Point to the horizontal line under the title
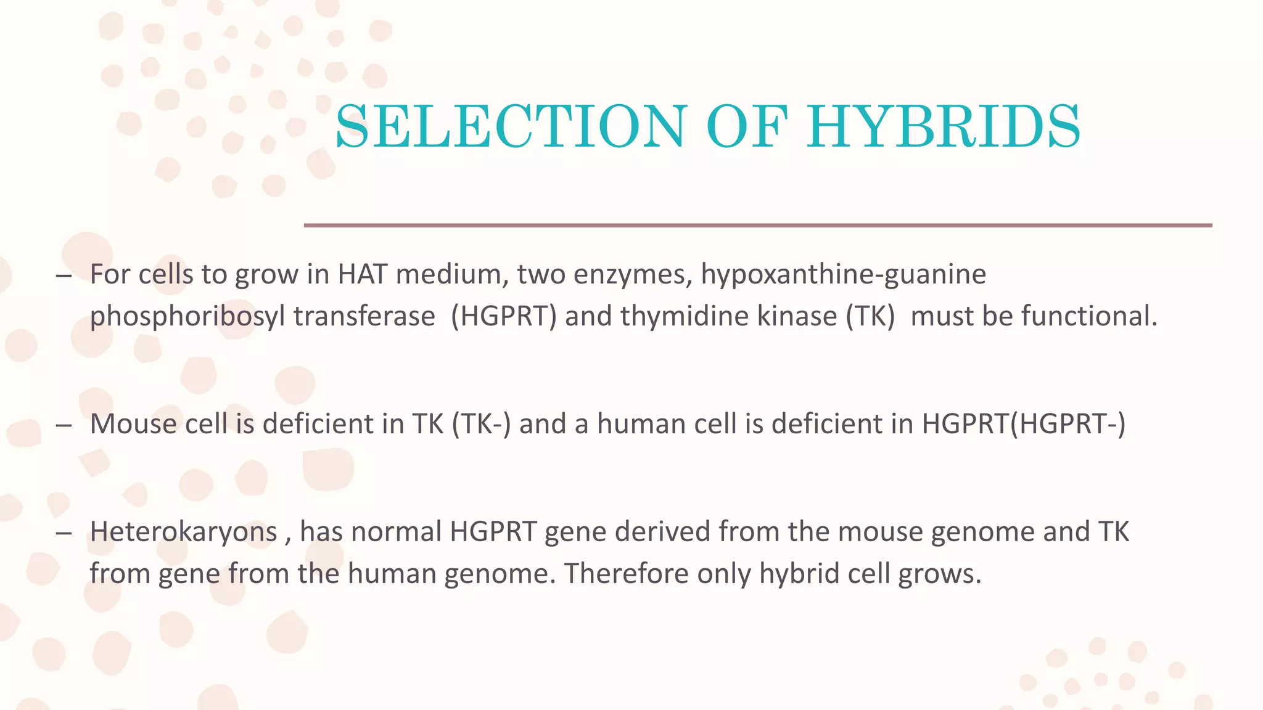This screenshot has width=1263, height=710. [x=757, y=226]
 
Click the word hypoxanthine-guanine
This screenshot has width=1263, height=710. [x=843, y=274]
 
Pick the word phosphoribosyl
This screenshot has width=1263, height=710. [x=187, y=317]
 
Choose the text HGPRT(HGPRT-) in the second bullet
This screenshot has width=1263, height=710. [x=1024, y=424]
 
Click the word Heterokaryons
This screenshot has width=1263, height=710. [x=184, y=532]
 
